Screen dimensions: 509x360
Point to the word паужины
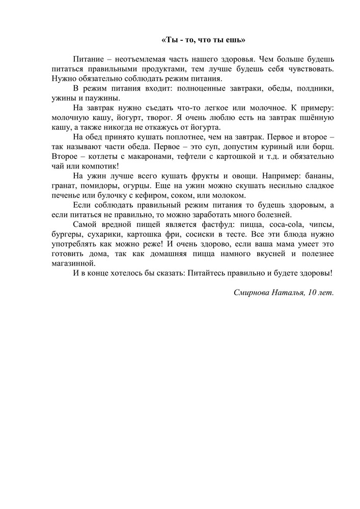tap(104, 98)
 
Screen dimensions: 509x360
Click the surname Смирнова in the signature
tap(253, 293)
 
